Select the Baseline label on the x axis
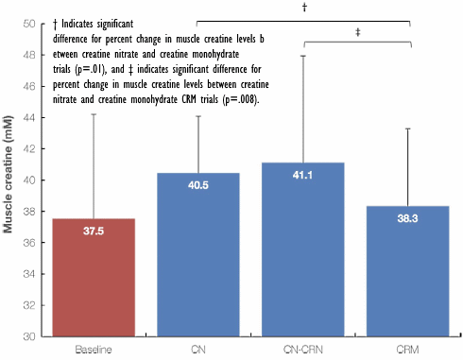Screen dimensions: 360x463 point(93,350)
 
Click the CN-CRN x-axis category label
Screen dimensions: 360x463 point(303,350)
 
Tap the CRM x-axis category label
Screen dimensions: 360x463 point(409,350)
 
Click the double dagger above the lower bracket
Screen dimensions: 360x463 point(356,31)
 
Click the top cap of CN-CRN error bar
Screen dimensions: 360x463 point(303,56)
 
